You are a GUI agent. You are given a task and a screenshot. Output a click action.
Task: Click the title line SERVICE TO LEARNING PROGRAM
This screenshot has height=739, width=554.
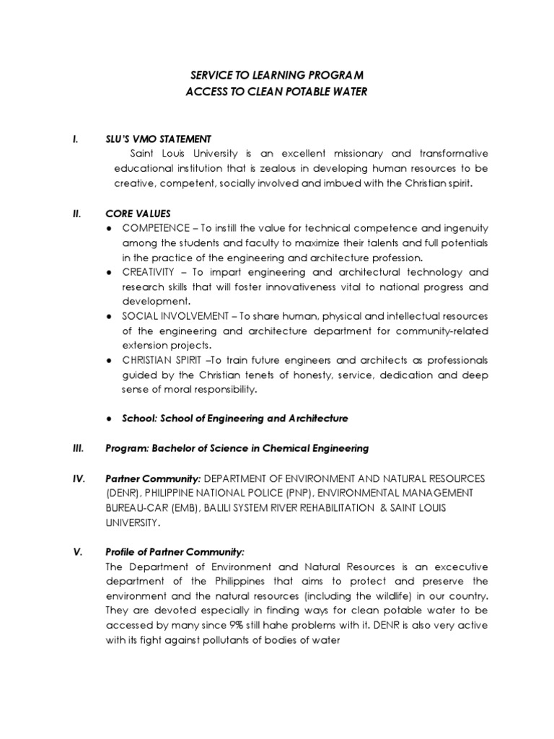pyautogui.click(x=277, y=76)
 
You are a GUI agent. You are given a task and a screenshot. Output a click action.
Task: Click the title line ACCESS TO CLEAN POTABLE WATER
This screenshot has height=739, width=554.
pyautogui.click(x=277, y=92)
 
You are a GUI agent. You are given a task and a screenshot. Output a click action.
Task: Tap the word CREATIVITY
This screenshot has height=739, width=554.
pyautogui.click(x=149, y=272)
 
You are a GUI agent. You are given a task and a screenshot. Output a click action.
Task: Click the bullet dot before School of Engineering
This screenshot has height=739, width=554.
pyautogui.click(x=107, y=419)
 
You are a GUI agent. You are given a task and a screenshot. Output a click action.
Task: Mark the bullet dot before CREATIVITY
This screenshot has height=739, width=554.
pyautogui.click(x=107, y=273)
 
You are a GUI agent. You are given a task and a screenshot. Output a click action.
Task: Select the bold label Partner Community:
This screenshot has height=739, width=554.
pyautogui.click(x=152, y=478)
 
